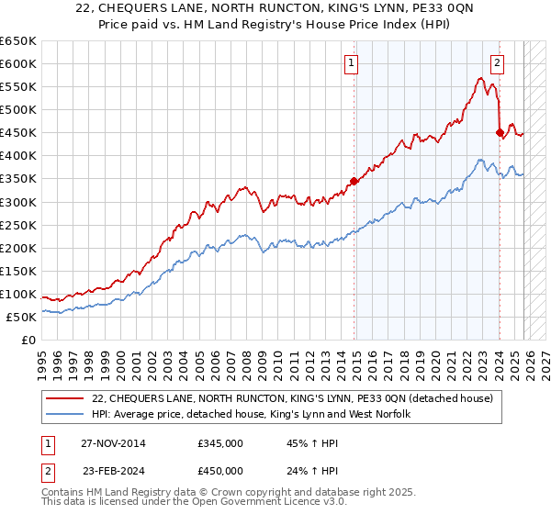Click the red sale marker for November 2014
click(x=354, y=181)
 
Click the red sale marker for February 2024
click(x=500, y=132)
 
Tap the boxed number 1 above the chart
click(x=352, y=63)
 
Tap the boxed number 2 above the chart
click(x=497, y=63)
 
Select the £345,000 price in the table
click(x=220, y=443)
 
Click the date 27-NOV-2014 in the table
click(x=113, y=443)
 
